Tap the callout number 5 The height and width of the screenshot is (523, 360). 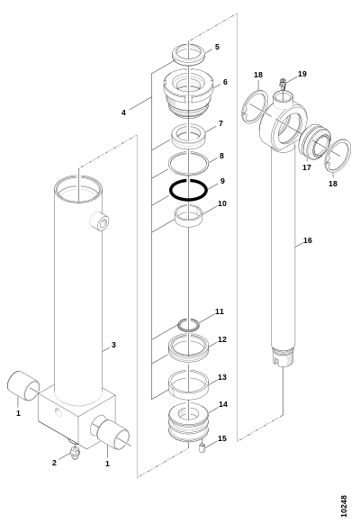tap(217, 47)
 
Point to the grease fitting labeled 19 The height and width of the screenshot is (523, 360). tap(283, 83)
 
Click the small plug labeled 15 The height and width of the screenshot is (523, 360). tap(202, 447)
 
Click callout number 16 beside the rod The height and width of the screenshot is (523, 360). tap(308, 240)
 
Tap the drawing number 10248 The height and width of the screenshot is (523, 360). tap(344, 506)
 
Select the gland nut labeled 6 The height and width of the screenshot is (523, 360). tap(188, 93)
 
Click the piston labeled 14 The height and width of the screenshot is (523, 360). tap(188, 422)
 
